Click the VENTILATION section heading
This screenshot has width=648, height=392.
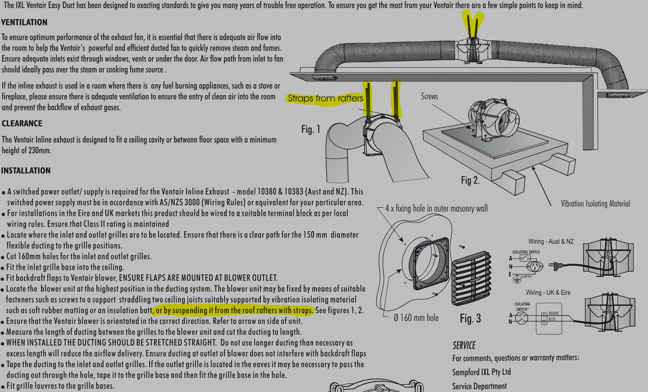click(24, 23)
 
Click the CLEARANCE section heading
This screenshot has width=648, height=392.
click(22, 123)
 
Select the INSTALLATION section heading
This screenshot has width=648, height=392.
click(25, 171)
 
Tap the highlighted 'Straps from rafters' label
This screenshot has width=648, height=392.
click(325, 99)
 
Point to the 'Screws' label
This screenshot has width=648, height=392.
click(429, 96)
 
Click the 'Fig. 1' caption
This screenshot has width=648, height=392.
click(311, 130)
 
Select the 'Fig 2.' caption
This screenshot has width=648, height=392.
click(470, 180)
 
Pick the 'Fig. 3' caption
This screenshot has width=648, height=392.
click(470, 318)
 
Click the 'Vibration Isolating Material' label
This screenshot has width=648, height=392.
click(595, 204)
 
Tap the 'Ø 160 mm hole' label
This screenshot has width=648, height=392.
click(416, 318)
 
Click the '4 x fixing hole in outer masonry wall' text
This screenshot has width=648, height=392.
click(436, 209)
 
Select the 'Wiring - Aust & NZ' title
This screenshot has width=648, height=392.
click(551, 242)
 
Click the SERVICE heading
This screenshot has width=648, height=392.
click(464, 345)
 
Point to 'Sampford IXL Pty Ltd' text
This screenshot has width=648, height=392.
click(481, 372)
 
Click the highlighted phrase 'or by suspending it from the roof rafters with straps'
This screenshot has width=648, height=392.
click(234, 310)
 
